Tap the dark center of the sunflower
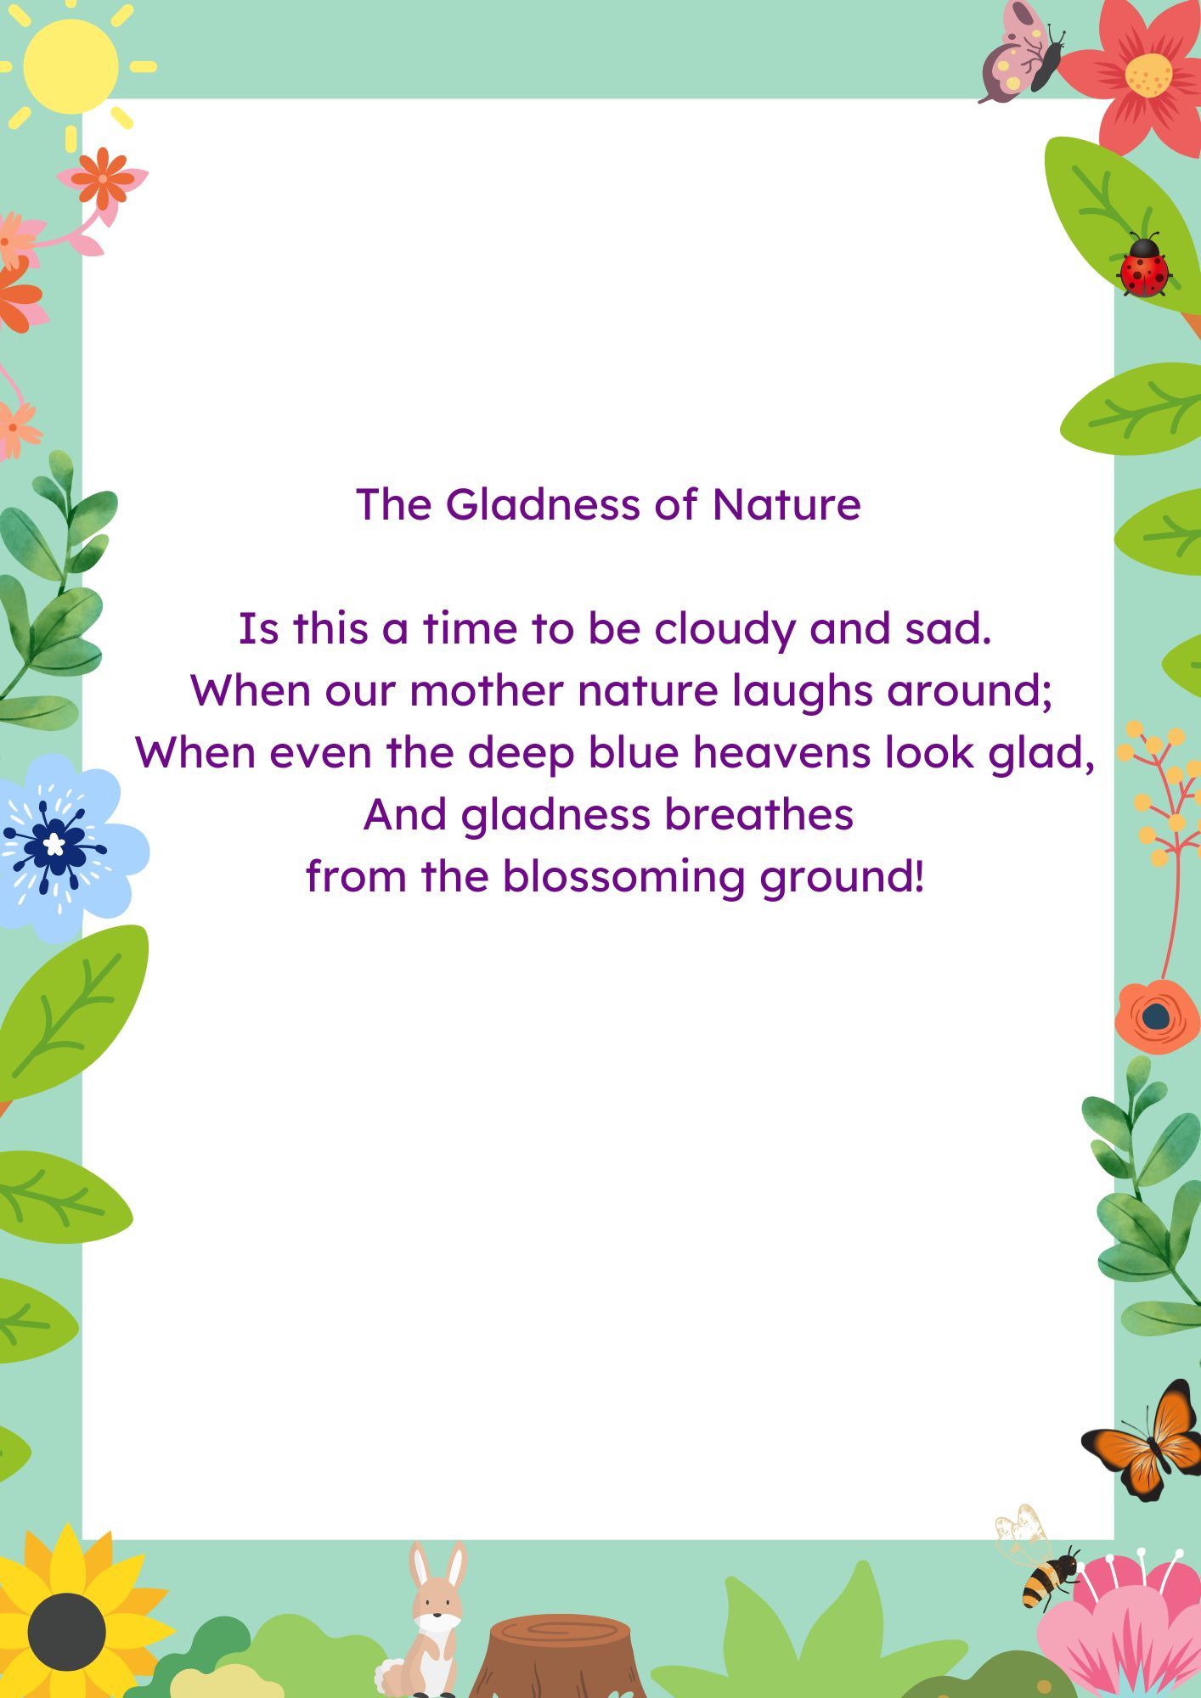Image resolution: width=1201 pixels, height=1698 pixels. point(66,1631)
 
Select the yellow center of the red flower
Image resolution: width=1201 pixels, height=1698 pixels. point(1148,75)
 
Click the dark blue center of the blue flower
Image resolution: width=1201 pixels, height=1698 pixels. point(54,844)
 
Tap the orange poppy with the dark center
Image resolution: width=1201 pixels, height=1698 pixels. point(1155,1015)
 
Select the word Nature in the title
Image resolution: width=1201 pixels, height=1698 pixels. point(787,504)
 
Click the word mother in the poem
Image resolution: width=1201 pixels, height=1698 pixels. point(487,690)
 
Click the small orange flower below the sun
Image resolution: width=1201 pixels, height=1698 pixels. point(103,178)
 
